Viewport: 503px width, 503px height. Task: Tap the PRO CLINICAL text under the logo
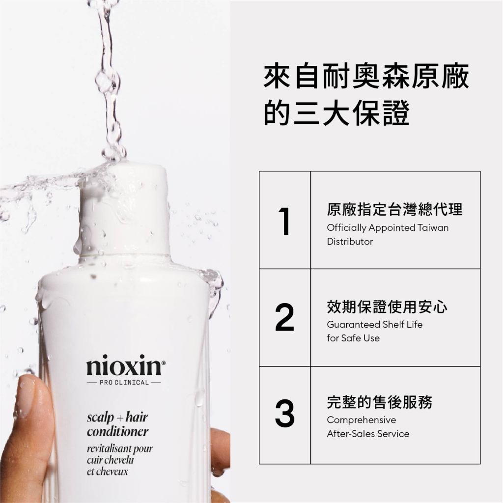tap(124, 382)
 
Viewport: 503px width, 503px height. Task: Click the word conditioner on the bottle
tap(118, 431)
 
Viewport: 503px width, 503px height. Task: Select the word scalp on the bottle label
tap(100, 418)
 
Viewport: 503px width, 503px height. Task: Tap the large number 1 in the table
tap(285, 221)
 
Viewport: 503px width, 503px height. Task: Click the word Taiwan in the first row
tap(433, 228)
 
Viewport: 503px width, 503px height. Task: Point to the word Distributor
tap(350, 241)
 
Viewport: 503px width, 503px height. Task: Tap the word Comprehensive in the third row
tap(361, 420)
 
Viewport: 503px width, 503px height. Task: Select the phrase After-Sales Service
tap(368, 434)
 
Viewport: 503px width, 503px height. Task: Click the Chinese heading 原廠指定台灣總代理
tap(394, 209)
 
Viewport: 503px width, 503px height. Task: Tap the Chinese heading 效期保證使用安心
tap(387, 307)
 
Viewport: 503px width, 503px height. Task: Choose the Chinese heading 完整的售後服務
tap(380, 402)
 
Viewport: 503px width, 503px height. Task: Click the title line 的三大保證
tap(336, 112)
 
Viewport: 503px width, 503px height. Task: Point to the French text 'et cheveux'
tap(107, 471)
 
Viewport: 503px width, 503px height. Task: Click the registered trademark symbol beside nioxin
tap(163, 363)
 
